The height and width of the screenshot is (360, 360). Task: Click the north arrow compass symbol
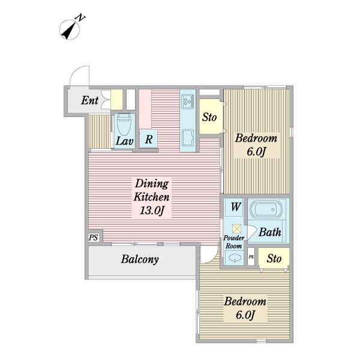[70, 29]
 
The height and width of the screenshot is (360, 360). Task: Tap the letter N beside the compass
[80, 17]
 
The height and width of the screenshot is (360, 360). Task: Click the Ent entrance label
[90, 100]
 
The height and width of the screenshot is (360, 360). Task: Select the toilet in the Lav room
[124, 125]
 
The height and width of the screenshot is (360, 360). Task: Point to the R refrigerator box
[148, 139]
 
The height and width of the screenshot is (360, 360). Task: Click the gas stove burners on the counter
[188, 101]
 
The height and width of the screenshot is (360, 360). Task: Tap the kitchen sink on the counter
[188, 138]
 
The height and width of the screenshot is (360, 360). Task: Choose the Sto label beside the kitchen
[209, 117]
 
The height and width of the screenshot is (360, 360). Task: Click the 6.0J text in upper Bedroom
[256, 152]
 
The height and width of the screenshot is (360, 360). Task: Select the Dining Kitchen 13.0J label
[152, 197]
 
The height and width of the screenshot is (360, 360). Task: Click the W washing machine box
[236, 207]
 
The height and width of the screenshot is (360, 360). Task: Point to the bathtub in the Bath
[266, 209]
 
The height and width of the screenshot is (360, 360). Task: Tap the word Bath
[270, 232]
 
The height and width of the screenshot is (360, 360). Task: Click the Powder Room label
[234, 242]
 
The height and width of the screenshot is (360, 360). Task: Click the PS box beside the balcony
[94, 237]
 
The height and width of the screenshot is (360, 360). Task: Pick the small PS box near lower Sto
[251, 257]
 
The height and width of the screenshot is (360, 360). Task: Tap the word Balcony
[140, 259]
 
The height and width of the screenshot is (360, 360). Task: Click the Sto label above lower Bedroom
[274, 259]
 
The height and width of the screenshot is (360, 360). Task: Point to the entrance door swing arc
[76, 70]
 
